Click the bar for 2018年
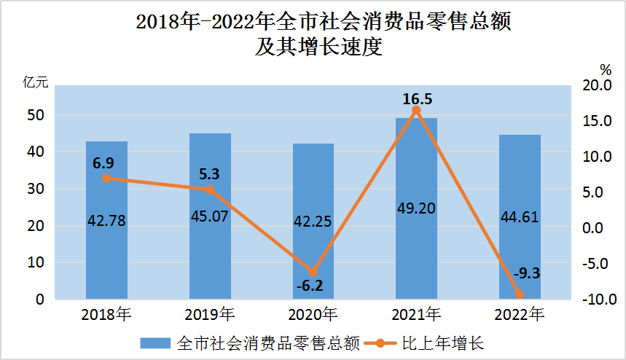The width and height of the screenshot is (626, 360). pyautogui.click(x=106, y=240)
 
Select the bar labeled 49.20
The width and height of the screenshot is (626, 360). pyautogui.click(x=416, y=240)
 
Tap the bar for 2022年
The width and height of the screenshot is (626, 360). pyautogui.click(x=520, y=248)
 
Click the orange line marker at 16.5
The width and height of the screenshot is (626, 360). pyautogui.click(x=416, y=110)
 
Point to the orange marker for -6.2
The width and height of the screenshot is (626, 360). pyautogui.click(x=313, y=272)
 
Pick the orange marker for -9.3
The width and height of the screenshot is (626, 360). pyautogui.click(x=520, y=294)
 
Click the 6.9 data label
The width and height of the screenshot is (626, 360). pyautogui.click(x=103, y=162)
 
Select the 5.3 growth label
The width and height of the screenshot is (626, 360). pyautogui.click(x=208, y=173)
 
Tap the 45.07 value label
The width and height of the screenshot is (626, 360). pyautogui.click(x=210, y=219)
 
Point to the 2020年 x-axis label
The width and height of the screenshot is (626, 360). pyautogui.click(x=313, y=316)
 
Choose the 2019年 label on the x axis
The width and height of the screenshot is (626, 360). pyautogui.click(x=210, y=316)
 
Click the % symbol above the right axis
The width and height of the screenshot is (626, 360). pyautogui.click(x=605, y=69)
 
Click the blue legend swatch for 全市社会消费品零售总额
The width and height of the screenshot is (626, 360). pyautogui.click(x=154, y=343)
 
